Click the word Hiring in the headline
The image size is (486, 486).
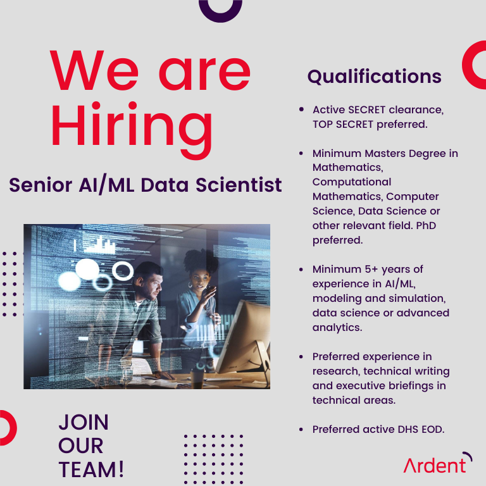[132, 127]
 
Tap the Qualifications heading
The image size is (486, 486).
[374, 77]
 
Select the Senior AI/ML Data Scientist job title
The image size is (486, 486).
[146, 185]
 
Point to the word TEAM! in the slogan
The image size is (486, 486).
[91, 470]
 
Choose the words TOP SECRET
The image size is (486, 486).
[343, 124]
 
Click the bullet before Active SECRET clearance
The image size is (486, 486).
[301, 110]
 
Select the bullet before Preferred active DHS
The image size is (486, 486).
[301, 430]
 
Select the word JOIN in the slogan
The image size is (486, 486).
[83, 422]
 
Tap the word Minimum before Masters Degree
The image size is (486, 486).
[336, 153]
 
